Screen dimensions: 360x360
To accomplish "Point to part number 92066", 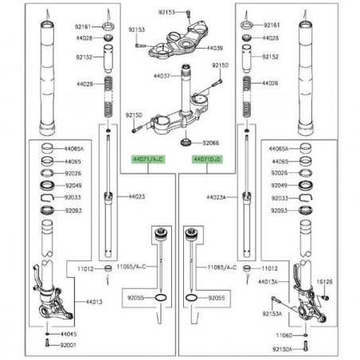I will pos(209,143).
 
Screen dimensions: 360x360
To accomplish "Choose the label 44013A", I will pos(267,282).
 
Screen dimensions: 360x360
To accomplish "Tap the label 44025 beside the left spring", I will pos(85,84).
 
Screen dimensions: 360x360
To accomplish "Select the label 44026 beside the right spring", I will pos(271,84).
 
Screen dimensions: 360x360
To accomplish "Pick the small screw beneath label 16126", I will pos(326,296).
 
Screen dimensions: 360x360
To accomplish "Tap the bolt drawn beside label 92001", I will pos(47,345).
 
